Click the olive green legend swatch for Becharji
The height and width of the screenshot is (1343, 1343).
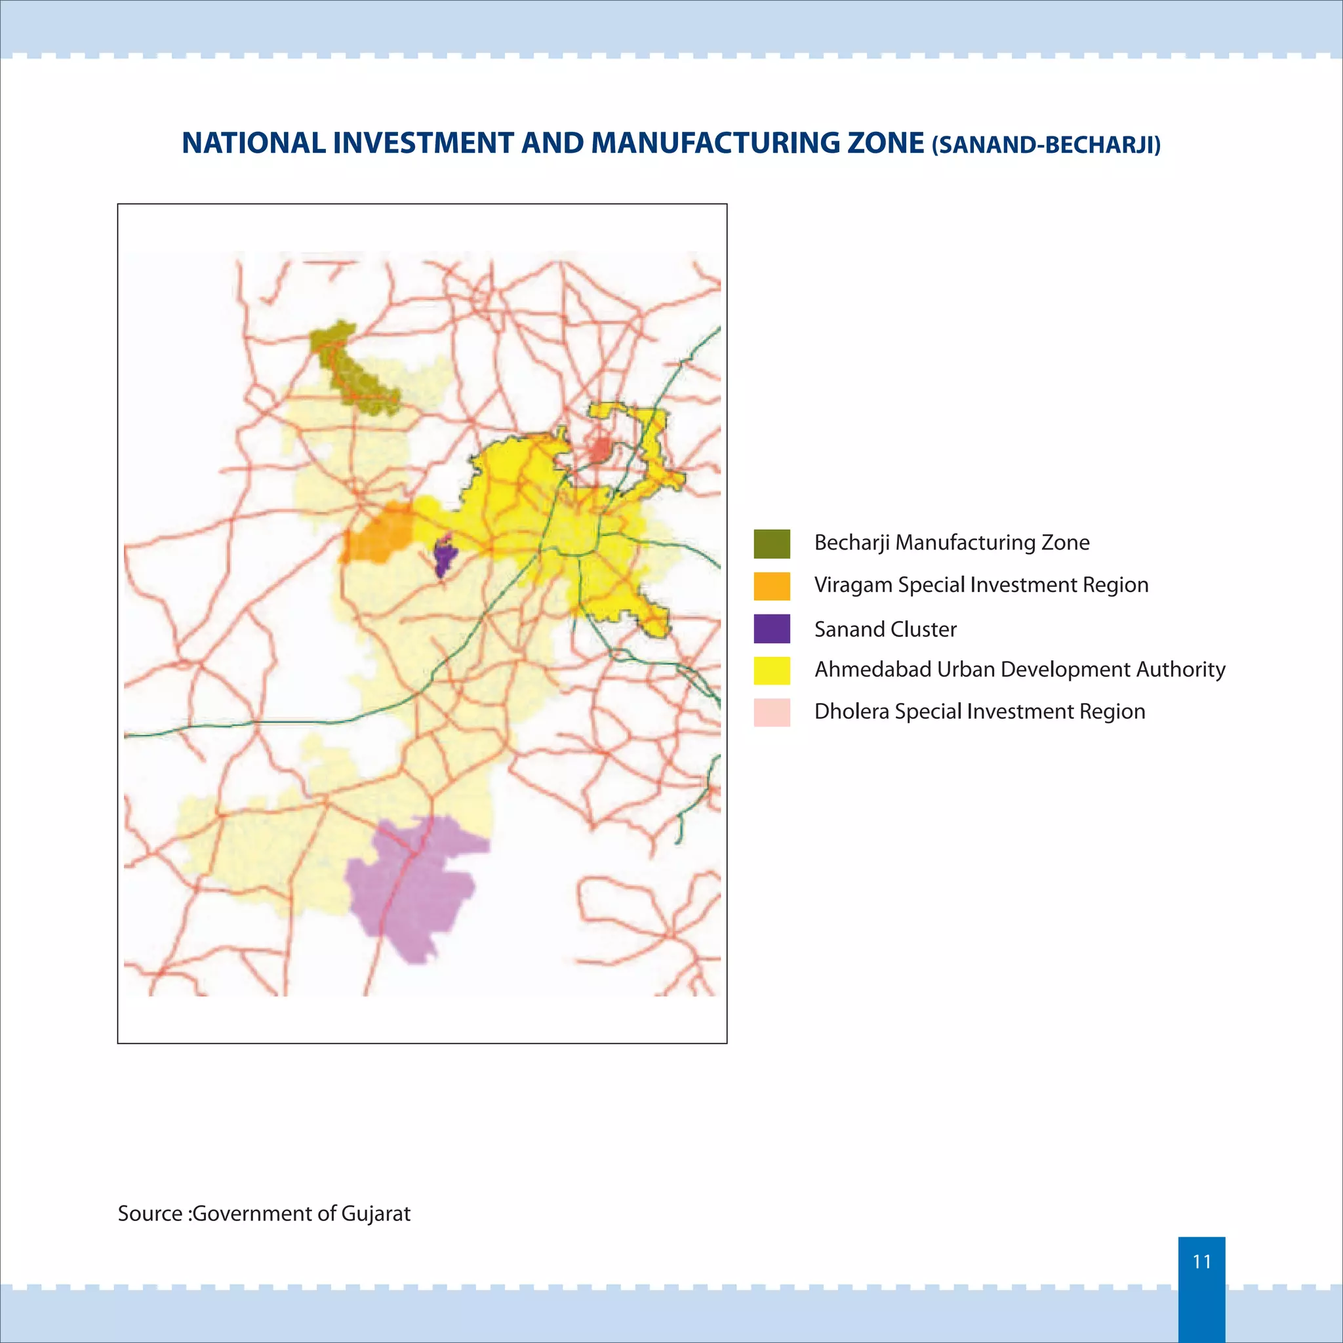click(772, 544)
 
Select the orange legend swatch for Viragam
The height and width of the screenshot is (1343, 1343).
click(772, 586)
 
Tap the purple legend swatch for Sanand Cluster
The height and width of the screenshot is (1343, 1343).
click(772, 628)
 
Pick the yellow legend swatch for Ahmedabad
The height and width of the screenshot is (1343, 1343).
click(772, 670)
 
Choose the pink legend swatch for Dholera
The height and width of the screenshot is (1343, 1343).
click(772, 713)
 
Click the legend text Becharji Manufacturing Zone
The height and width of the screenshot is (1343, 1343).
click(951, 543)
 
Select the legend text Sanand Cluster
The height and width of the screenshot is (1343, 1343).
click(885, 630)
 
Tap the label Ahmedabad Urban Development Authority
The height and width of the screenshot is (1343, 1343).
click(1020, 670)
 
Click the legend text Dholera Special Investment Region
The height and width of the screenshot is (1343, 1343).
click(980, 712)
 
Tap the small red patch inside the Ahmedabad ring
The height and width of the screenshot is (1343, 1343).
click(599, 449)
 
